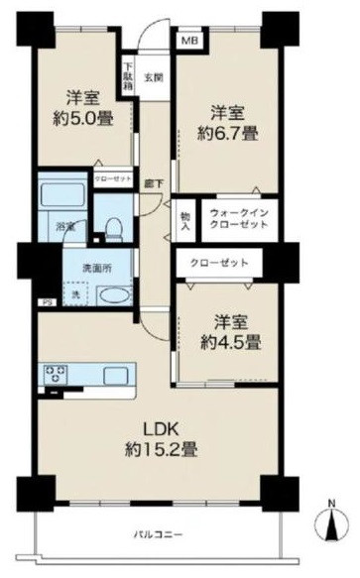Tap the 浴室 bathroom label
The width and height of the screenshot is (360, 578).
coord(63,227)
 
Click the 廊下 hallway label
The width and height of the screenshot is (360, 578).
coord(154,182)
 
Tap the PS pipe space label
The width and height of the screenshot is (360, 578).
coord(18,303)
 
